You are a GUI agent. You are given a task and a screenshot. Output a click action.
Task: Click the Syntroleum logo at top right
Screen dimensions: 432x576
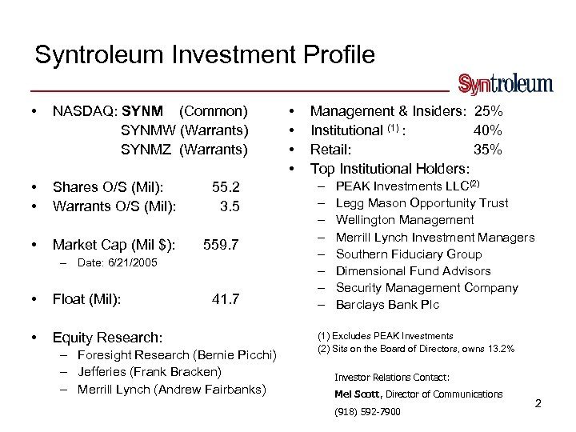[x=505, y=84]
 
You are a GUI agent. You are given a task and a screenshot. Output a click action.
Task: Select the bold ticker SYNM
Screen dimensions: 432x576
[x=143, y=110]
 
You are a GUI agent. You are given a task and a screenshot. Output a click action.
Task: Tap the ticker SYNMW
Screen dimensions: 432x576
[x=150, y=130]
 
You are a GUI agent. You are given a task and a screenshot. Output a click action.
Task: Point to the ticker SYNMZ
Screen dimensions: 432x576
[x=149, y=149]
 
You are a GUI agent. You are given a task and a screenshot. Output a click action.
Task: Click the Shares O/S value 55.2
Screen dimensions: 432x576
[x=226, y=187]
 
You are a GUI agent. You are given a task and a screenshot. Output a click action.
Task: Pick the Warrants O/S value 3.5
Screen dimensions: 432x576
[x=230, y=206]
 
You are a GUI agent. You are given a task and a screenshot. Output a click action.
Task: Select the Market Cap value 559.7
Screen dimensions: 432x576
[x=221, y=244]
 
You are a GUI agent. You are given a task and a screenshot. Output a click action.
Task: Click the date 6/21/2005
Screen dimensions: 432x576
[x=131, y=263]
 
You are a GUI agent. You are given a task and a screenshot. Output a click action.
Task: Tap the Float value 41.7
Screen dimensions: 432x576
[x=226, y=299]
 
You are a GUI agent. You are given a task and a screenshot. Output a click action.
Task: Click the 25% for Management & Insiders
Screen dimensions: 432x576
[x=488, y=110]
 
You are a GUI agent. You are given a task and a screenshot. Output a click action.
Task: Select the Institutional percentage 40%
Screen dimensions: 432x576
[x=488, y=130]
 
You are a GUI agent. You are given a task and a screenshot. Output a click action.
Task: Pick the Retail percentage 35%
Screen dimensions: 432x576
[x=488, y=149]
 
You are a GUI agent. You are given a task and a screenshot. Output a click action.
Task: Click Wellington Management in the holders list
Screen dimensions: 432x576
[x=405, y=220]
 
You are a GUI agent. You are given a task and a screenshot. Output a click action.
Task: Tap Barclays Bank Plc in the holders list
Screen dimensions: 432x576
[x=387, y=305]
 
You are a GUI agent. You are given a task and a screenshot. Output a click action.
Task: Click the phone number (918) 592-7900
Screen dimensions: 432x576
[x=367, y=412]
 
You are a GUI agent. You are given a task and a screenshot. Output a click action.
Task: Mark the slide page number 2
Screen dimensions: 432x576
[x=538, y=403]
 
